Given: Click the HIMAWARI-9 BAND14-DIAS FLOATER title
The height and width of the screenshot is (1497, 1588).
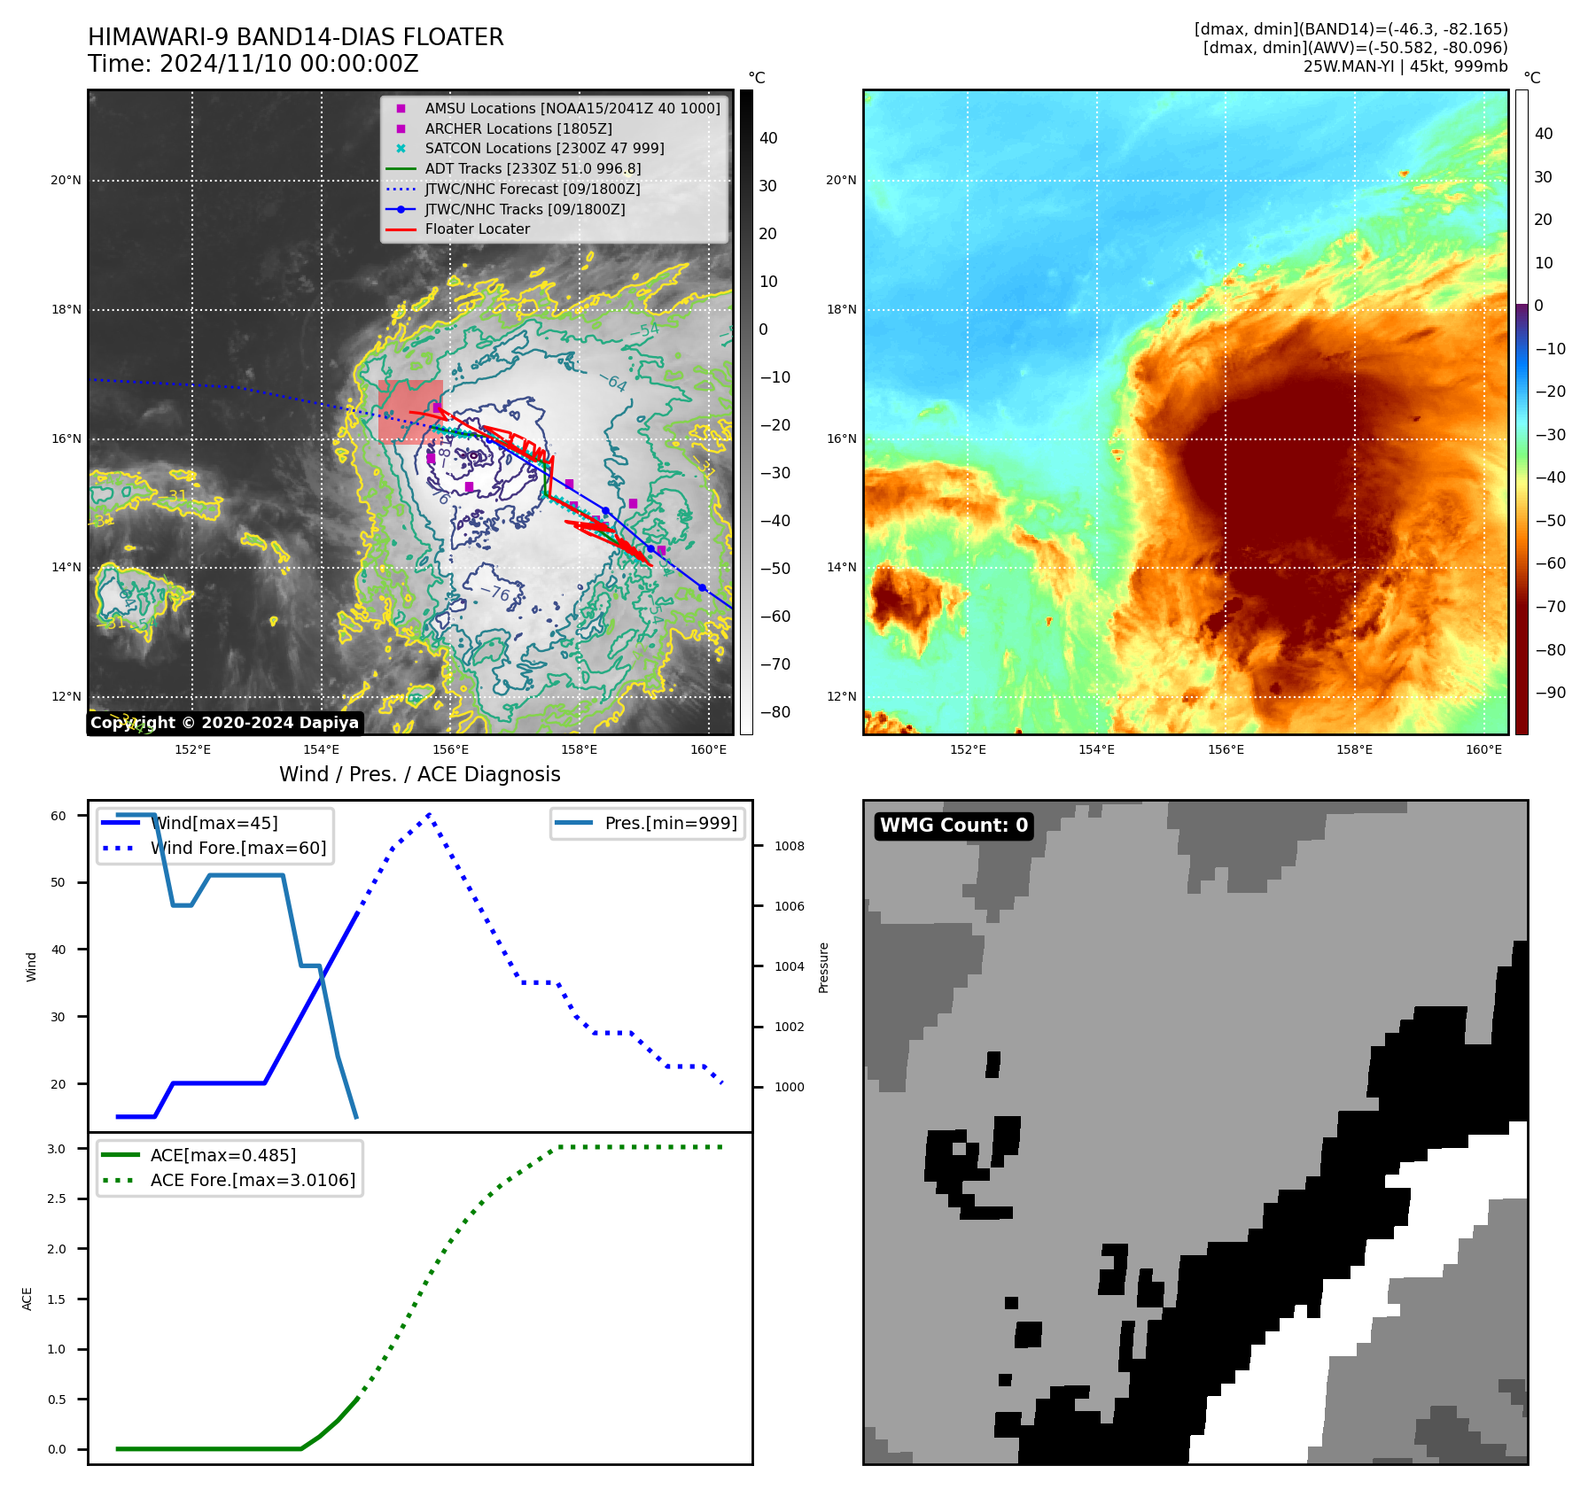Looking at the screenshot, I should point(295,37).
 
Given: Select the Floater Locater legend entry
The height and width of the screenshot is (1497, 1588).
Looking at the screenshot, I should point(477,229).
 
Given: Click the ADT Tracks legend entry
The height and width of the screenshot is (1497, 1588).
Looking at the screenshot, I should point(533,168).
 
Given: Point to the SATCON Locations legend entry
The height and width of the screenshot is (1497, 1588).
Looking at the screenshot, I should point(544,149).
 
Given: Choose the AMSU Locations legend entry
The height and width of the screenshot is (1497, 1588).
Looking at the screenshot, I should point(572,108).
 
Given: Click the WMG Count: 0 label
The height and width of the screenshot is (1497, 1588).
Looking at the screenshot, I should point(954,826).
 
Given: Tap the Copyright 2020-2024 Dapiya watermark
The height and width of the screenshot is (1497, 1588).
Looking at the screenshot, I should point(224,723).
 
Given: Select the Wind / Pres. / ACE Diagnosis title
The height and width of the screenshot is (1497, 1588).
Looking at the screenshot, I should point(419,775).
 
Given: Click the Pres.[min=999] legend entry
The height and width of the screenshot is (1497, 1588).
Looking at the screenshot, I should point(670,823).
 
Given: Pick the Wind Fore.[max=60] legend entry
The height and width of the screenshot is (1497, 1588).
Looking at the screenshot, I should point(237,849).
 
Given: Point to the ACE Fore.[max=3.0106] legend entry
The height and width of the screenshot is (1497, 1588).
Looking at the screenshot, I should point(253,1181).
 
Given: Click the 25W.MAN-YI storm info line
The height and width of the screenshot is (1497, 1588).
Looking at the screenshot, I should point(1405,66).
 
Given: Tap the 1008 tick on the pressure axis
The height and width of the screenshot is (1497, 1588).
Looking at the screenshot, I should point(789,846).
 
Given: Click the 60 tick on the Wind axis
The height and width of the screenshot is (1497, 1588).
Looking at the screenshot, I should point(58,816).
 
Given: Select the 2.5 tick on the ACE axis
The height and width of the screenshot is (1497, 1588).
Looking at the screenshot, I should point(57,1198).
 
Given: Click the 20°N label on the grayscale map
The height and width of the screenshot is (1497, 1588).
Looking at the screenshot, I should point(66,181).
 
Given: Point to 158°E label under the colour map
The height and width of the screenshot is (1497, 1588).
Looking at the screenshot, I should point(1354,750).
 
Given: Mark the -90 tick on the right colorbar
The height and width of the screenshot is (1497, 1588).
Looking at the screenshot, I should point(1550,693).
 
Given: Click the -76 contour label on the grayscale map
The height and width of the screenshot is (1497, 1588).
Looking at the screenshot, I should point(495,593).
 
